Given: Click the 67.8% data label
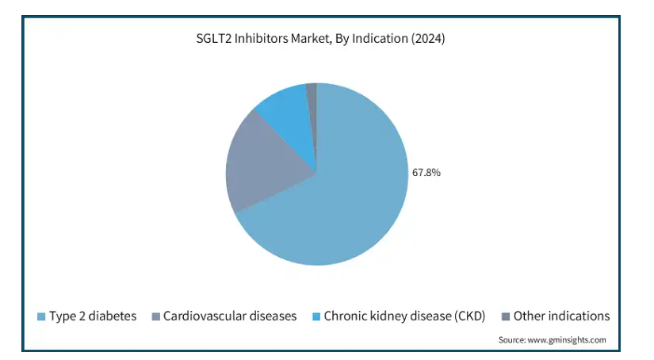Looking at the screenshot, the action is click(x=426, y=172).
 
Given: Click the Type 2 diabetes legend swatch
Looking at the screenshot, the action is click(x=41, y=316).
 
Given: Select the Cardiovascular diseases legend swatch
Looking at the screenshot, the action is click(x=155, y=316).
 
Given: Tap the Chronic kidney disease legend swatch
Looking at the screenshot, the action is click(x=316, y=316).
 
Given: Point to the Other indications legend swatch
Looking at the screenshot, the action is click(x=506, y=316).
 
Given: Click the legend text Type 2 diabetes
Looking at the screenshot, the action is click(x=93, y=316).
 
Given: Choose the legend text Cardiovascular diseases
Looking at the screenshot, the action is click(x=230, y=316).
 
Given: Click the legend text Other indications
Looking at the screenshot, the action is click(x=561, y=316).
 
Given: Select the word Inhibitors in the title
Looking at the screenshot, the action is click(x=261, y=38).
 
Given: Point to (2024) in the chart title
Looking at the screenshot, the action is click(x=428, y=38).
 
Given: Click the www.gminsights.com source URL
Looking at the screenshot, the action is click(x=567, y=340).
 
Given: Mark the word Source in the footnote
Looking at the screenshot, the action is click(x=512, y=340).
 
